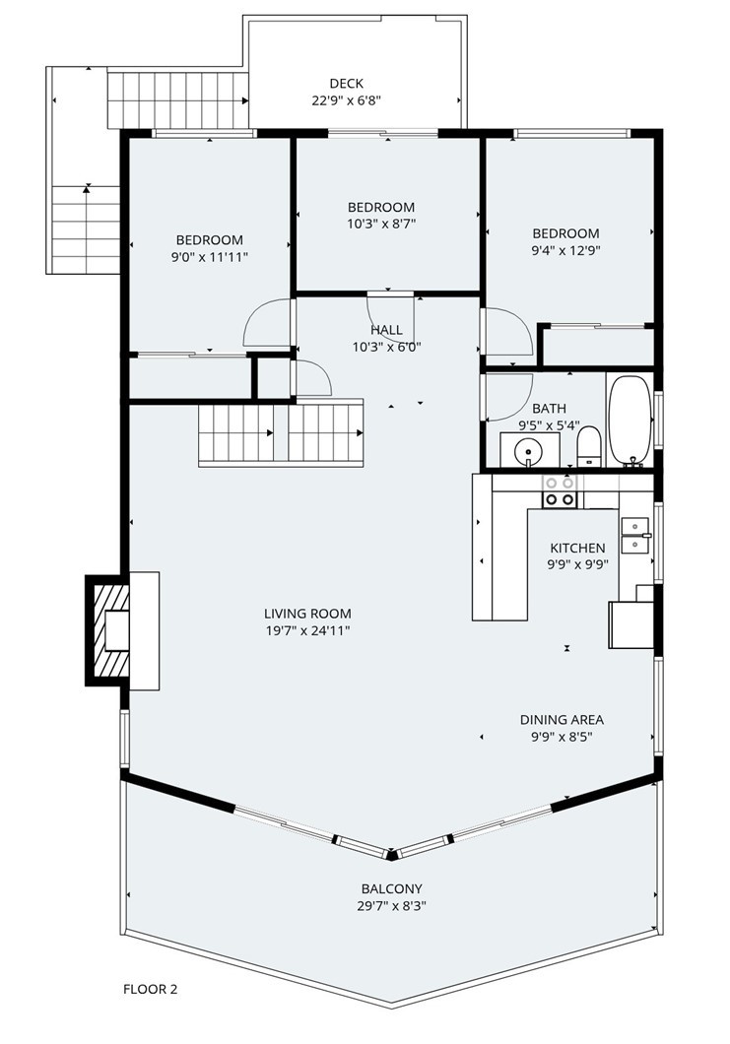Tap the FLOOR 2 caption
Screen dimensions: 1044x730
150,988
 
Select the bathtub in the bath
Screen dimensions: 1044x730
627,420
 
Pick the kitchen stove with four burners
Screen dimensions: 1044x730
561,490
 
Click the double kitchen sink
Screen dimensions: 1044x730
635,533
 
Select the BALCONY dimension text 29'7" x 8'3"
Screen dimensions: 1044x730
392,905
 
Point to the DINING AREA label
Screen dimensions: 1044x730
562,719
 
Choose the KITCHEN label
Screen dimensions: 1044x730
577,548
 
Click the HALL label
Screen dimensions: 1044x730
386,330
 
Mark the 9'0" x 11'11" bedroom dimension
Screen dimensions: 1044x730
209,256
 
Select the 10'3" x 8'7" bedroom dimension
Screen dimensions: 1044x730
380,224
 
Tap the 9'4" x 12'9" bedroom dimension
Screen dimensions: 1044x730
565,250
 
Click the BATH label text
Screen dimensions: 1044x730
549,408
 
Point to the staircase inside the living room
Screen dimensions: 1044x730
281,432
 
